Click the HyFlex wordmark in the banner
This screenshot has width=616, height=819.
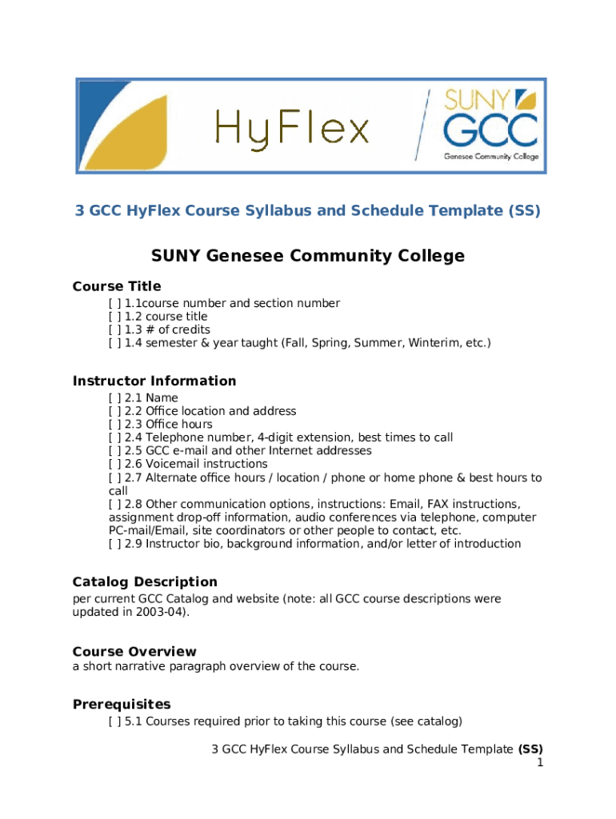click(x=292, y=128)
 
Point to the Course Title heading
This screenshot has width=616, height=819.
click(x=117, y=286)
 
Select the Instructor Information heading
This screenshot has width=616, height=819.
click(x=154, y=381)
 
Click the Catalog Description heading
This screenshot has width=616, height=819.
click(x=145, y=581)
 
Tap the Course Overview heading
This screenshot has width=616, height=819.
click(x=134, y=651)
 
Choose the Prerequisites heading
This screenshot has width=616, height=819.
click(x=122, y=704)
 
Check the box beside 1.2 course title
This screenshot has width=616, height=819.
click(x=115, y=317)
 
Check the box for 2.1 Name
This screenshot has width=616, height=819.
click(x=115, y=398)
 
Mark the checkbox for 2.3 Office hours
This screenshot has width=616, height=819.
click(x=115, y=424)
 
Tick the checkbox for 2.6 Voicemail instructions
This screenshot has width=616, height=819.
click(x=115, y=464)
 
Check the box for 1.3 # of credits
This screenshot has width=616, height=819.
click(x=115, y=330)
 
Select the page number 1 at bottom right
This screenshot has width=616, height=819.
click(x=540, y=763)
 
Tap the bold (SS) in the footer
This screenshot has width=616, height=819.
click(x=530, y=749)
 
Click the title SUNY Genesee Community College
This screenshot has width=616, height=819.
click(x=308, y=256)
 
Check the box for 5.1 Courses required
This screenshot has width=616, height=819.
click(x=115, y=722)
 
